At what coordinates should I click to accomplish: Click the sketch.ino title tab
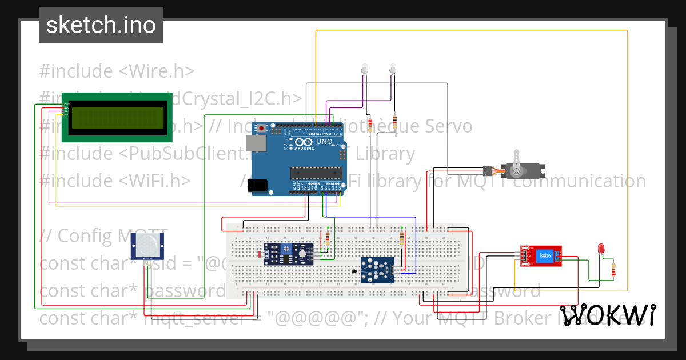(101, 25)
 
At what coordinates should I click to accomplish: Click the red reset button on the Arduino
(262, 128)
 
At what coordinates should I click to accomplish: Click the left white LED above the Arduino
(364, 69)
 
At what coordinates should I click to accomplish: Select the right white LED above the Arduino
(392, 69)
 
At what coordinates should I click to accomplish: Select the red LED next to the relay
(601, 248)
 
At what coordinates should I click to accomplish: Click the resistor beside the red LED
(614, 269)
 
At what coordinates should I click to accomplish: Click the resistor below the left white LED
(370, 125)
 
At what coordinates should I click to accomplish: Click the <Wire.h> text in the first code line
(156, 71)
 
